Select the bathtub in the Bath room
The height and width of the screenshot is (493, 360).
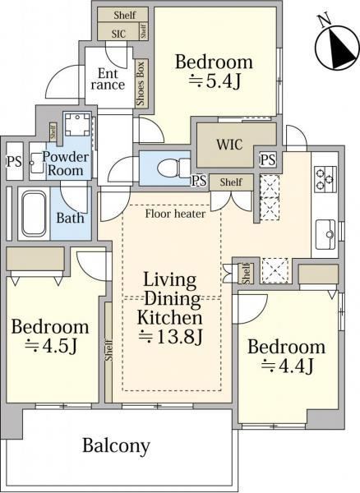tap(34, 214)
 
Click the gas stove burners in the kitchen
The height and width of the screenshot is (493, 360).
tap(325, 179)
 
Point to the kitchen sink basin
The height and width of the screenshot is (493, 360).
tap(325, 234)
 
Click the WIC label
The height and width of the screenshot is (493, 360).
tap(229, 145)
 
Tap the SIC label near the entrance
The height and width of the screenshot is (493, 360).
tap(118, 34)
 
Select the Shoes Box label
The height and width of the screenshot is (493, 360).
tap(141, 84)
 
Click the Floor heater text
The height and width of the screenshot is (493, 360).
tap(175, 214)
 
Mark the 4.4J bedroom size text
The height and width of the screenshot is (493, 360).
tap(288, 366)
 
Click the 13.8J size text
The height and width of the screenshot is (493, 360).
tap(170, 337)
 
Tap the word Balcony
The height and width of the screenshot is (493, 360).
tap(116, 445)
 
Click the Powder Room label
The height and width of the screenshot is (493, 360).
tap(66, 164)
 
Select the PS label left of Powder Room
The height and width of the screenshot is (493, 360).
tap(15, 162)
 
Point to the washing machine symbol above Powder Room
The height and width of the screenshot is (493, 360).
tap(77, 125)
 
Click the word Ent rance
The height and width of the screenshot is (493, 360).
tap(108, 79)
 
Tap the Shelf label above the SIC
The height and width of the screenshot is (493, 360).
tap(125, 15)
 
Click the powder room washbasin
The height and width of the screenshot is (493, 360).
tap(37, 163)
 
